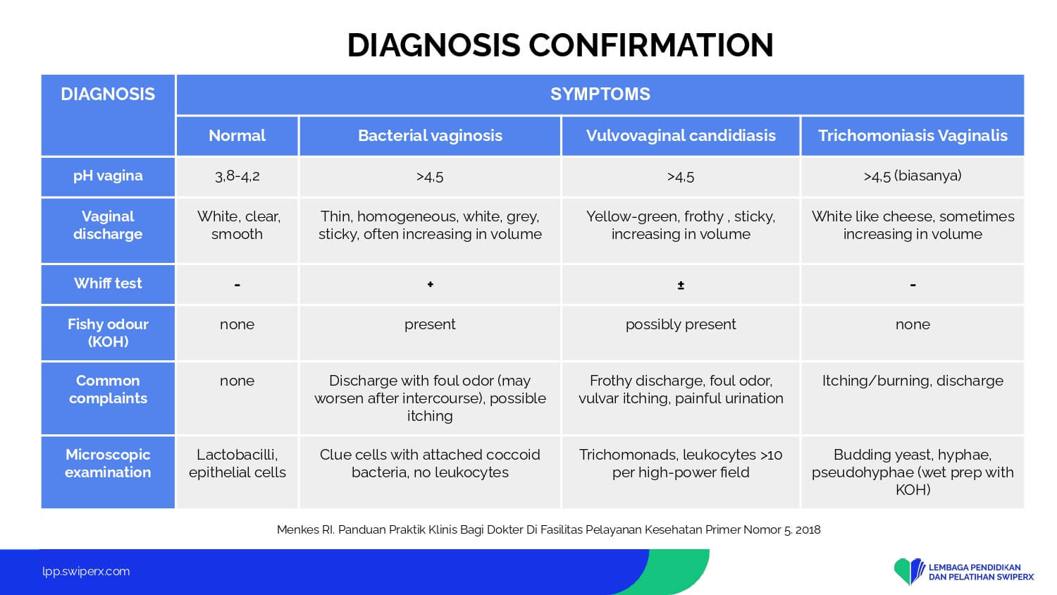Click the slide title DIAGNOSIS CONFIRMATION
tap(560, 45)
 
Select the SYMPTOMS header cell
tap(600, 94)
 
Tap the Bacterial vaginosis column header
tap(430, 136)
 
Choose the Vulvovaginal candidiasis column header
tap(681, 136)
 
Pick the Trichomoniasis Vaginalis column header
tap(913, 136)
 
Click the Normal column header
tap(237, 136)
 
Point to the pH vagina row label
tap(108, 176)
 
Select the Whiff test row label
tap(108, 284)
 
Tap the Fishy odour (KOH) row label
tap(108, 333)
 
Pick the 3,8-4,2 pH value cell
tap(237, 176)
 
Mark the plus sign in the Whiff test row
tap(430, 284)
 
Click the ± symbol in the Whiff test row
tap(681, 286)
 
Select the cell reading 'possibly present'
tap(681, 324)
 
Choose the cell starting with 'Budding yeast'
tap(913, 472)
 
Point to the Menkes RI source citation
tap(548, 530)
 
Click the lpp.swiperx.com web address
tap(86, 572)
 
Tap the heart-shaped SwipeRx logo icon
tap(909, 571)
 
